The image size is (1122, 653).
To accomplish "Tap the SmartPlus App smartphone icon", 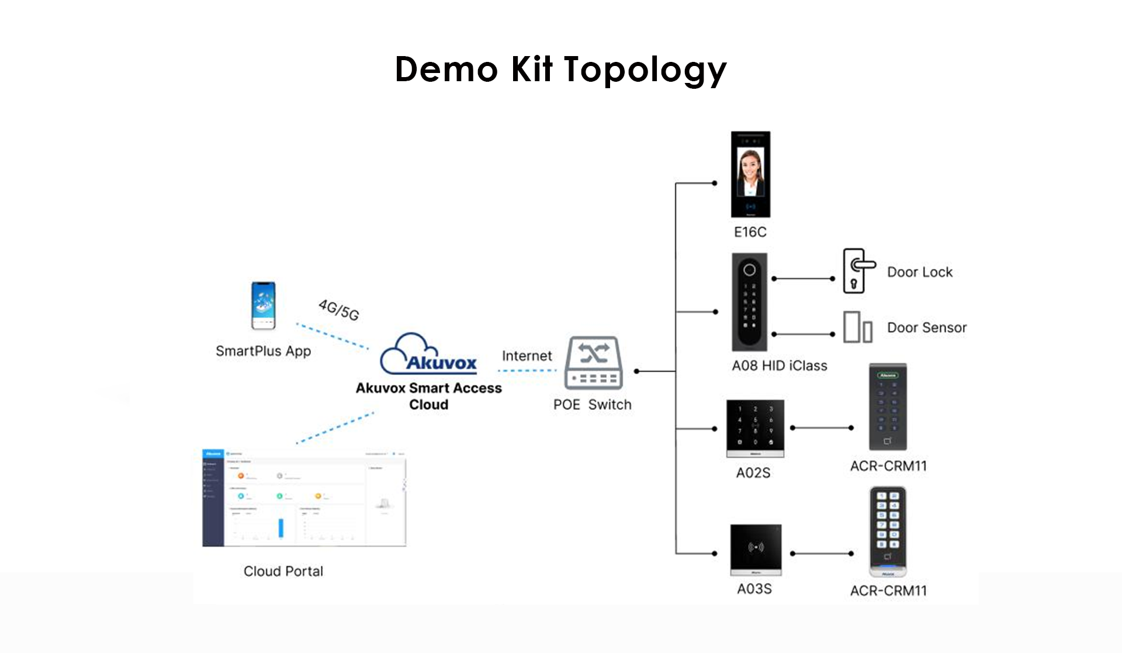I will pyautogui.click(x=263, y=305).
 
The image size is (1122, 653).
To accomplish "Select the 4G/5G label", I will pyautogui.click(x=339, y=310).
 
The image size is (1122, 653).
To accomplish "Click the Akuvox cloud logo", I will pyautogui.click(x=429, y=354).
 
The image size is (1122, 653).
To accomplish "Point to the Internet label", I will pyautogui.click(x=527, y=356).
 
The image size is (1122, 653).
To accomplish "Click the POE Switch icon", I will pyautogui.click(x=593, y=363).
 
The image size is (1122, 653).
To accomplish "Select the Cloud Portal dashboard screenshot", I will pyautogui.click(x=304, y=498).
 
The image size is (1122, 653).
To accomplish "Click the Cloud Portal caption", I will pyautogui.click(x=283, y=571).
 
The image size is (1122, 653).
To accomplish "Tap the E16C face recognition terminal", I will pyautogui.click(x=750, y=174).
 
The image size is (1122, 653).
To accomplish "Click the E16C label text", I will pyautogui.click(x=750, y=232).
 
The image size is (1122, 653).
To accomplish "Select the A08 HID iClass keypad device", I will pyautogui.click(x=749, y=301).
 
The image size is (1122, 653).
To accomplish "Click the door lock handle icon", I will pyautogui.click(x=858, y=271).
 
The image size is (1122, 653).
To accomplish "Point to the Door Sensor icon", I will pyautogui.click(x=857, y=327).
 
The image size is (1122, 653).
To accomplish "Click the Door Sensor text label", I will pyautogui.click(x=927, y=328).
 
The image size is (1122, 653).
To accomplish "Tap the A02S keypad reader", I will pyautogui.click(x=755, y=429).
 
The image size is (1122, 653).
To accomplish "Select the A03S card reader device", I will pyautogui.click(x=756, y=550).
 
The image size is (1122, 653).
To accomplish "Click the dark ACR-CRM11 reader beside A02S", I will pyautogui.click(x=888, y=407).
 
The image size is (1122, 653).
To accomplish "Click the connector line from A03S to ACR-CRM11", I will pyautogui.click(x=822, y=554).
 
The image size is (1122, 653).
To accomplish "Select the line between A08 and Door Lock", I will pyautogui.click(x=804, y=279).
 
